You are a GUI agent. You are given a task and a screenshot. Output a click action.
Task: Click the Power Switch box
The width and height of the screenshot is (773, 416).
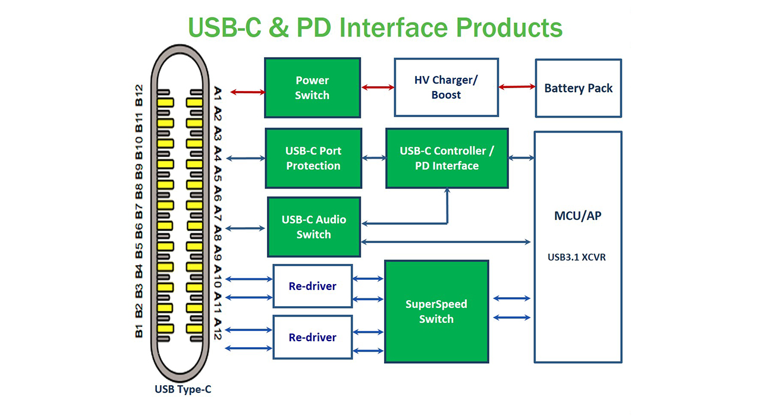312,87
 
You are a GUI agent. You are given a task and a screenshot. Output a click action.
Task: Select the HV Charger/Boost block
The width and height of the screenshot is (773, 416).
446,87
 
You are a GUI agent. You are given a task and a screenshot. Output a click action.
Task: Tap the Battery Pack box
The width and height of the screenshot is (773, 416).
579,89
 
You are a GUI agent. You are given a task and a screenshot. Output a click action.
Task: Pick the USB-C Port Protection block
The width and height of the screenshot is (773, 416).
313,158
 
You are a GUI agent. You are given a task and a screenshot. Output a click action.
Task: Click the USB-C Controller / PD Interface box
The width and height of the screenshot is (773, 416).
447,158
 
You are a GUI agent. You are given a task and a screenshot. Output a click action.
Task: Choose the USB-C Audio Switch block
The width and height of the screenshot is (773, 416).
314,227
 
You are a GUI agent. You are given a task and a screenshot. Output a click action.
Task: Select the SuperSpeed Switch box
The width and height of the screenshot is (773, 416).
436,311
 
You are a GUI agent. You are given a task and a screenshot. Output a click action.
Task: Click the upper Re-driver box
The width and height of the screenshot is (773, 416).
313,286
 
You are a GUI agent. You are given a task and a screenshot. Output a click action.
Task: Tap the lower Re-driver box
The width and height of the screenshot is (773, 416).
313,337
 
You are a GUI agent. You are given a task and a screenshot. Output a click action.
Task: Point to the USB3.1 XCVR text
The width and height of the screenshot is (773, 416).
577,257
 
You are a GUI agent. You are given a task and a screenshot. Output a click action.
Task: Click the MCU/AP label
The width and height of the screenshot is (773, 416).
578,216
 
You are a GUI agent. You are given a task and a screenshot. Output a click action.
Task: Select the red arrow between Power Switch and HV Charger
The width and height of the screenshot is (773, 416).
378,87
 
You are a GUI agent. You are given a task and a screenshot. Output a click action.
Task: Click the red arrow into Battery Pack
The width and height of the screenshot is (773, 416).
517,87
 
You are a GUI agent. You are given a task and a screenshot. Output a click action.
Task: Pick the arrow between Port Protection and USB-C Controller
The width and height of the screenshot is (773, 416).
374,158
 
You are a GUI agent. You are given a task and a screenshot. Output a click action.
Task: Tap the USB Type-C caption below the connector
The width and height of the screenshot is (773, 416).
183,389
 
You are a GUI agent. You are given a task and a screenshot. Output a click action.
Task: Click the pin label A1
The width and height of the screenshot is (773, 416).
218,93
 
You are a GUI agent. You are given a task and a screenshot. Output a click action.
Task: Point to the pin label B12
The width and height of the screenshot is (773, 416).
139,95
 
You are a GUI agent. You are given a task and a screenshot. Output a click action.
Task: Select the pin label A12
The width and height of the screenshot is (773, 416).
218,329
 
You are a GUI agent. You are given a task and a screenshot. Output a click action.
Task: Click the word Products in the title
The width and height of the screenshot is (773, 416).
510,27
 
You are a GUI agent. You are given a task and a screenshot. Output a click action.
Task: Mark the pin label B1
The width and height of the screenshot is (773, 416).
139,331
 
